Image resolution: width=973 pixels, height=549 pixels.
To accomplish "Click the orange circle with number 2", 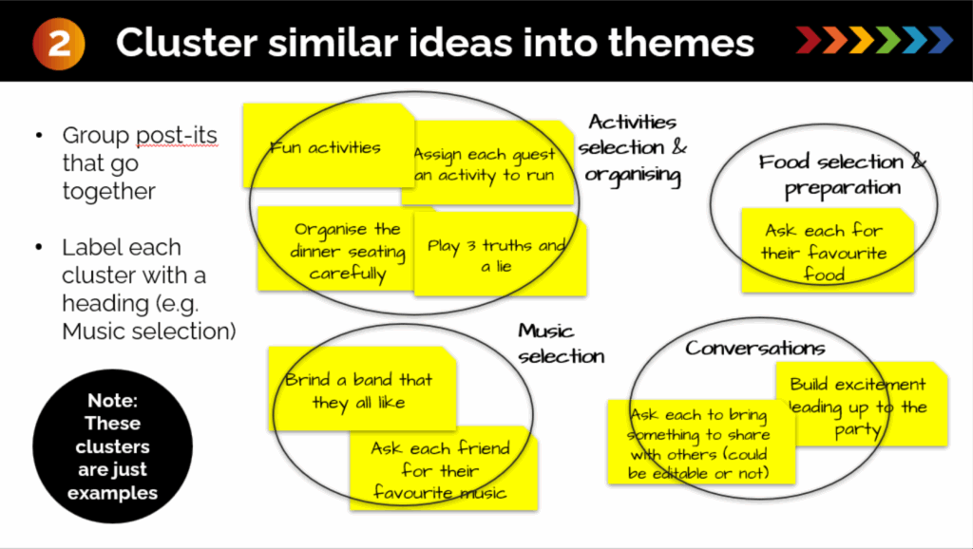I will [x=59, y=44].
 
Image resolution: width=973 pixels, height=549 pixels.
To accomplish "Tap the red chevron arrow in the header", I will [x=809, y=41].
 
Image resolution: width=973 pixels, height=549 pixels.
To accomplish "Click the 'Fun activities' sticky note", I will [x=325, y=147].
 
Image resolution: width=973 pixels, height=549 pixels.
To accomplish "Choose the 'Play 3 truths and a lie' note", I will [x=497, y=256].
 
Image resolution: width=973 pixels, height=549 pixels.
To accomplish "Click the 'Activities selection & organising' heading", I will [x=632, y=148].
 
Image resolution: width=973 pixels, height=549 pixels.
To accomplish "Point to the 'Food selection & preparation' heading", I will [x=842, y=175].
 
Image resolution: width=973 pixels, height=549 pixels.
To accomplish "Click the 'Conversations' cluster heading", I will [x=755, y=348].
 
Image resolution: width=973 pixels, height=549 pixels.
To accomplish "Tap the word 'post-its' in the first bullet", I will [x=181, y=136].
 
